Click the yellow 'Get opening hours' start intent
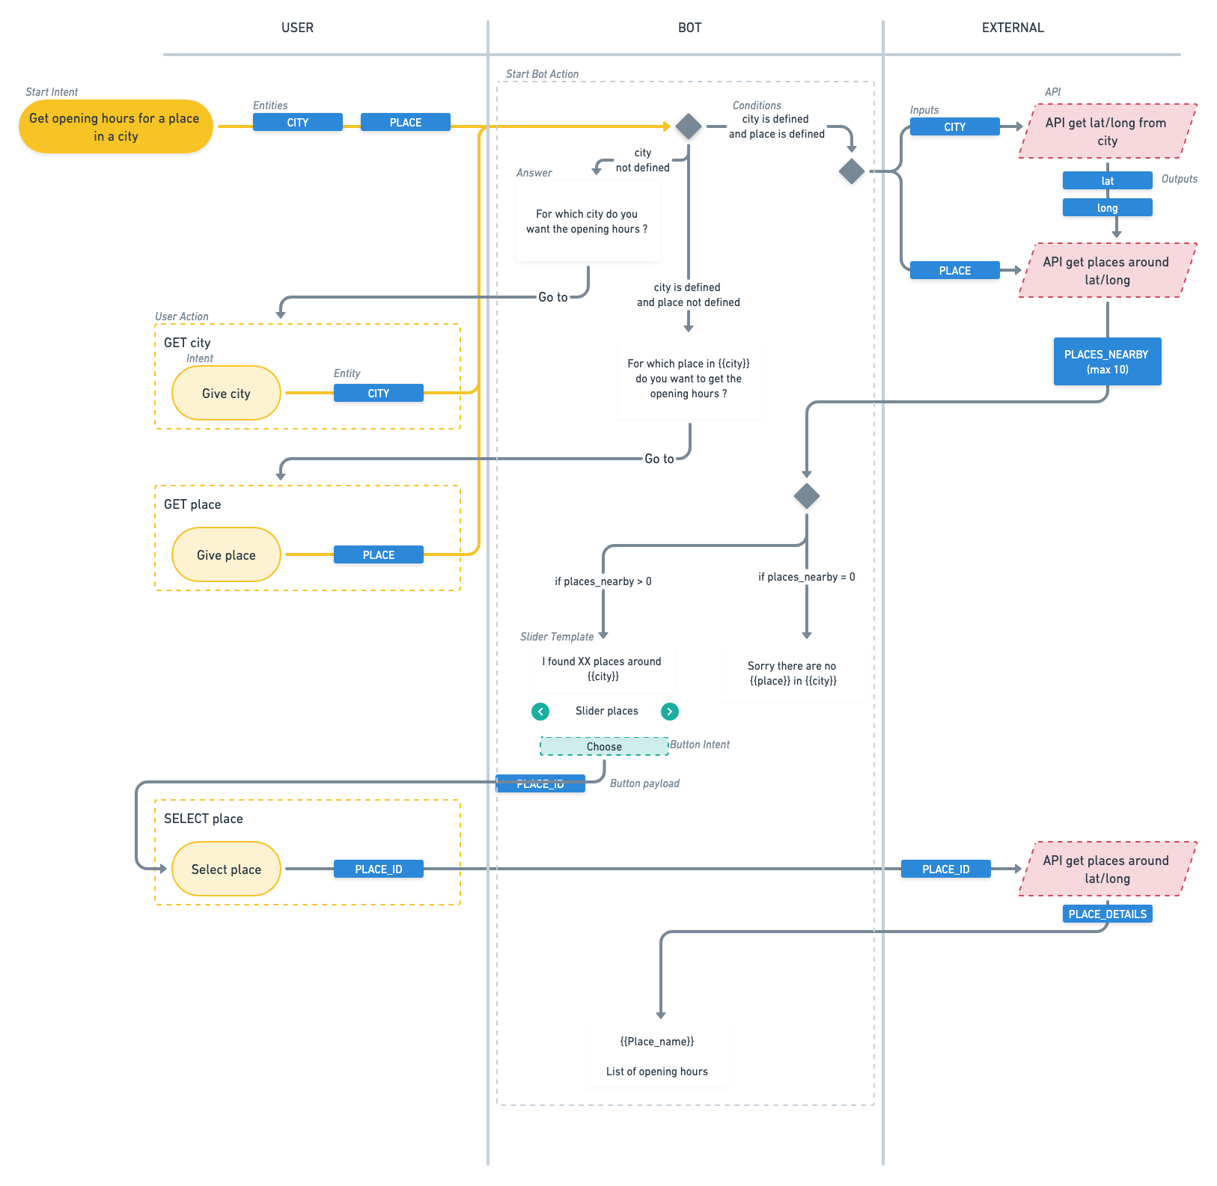(x=115, y=127)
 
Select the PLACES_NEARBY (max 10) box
(x=1106, y=362)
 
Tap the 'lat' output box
(x=1106, y=181)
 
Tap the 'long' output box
(x=1106, y=208)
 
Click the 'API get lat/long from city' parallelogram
(x=1106, y=132)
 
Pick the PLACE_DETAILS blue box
(x=1106, y=914)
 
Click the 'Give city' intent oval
(x=226, y=394)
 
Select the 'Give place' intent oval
(x=226, y=555)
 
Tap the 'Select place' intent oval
(x=226, y=869)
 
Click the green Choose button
(x=603, y=747)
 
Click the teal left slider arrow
(x=540, y=712)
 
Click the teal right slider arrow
(x=670, y=712)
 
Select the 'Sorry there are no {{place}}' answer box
(x=792, y=673)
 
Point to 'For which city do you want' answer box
(x=588, y=221)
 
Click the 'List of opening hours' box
(x=656, y=1057)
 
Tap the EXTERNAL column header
(x=1012, y=28)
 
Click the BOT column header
(x=689, y=28)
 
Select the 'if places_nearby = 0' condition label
(x=806, y=577)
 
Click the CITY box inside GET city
(x=378, y=394)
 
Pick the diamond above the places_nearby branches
(x=806, y=496)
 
